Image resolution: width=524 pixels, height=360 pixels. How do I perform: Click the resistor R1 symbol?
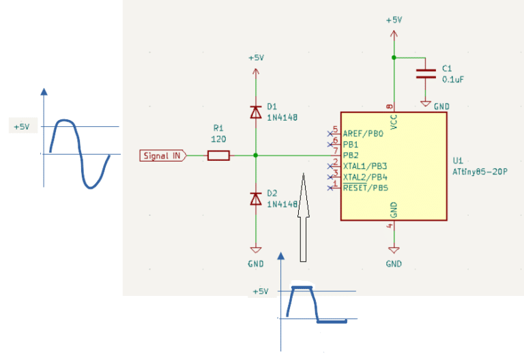(218, 155)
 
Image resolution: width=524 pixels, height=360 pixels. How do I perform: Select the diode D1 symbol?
(256, 112)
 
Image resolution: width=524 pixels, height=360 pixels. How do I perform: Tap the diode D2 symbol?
(256, 198)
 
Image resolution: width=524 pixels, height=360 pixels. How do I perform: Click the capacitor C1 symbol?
(426, 74)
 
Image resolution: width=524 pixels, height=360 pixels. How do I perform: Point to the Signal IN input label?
(163, 155)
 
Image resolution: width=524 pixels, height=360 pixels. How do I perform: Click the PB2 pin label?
(351, 155)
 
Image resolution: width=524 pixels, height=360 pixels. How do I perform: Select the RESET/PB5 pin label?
(366, 187)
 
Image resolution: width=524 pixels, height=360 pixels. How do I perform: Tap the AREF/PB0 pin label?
(363, 134)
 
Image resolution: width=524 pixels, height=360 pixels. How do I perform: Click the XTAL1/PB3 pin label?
(365, 166)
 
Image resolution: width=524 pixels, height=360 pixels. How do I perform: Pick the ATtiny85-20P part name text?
(480, 172)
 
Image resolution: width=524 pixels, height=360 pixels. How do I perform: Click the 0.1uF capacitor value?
(453, 80)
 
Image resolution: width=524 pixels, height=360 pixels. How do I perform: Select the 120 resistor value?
(218, 139)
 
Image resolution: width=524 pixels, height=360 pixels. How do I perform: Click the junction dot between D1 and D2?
(256, 155)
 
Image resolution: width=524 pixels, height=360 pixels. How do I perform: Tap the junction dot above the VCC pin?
(394, 57)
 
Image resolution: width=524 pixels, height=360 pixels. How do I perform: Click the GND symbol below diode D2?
(256, 250)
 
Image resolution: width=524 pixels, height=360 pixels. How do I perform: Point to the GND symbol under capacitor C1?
(426, 104)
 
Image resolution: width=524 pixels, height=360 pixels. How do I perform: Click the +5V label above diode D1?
(256, 58)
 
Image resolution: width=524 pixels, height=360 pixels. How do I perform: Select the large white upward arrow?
(303, 217)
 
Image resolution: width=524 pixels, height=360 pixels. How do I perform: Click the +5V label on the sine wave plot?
(22, 127)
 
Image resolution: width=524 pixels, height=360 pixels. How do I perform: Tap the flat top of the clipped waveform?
(302, 287)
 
